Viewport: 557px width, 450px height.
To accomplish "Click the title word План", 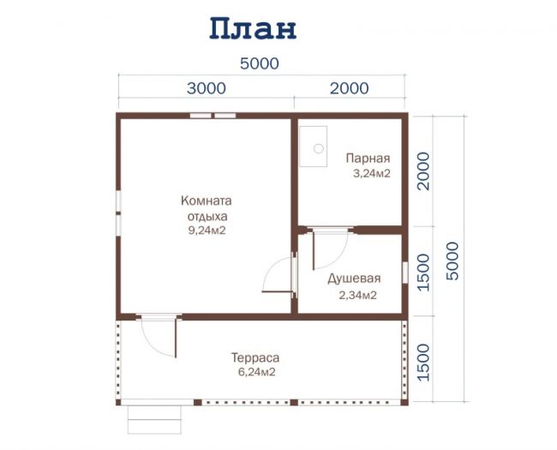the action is [x=253, y=28].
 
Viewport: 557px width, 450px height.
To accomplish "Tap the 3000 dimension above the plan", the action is [x=207, y=88].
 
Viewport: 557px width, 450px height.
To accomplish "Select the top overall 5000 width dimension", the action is [x=260, y=63].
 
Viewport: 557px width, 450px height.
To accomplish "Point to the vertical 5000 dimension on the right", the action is [x=452, y=261].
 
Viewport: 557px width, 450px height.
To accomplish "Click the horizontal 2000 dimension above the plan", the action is [x=349, y=88].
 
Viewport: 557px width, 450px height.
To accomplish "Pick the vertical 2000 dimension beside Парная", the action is [x=423, y=171].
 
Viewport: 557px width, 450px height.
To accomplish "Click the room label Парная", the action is [x=368, y=159].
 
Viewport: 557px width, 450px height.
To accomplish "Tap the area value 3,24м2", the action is [x=372, y=173].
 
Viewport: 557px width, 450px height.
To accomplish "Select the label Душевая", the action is [x=354, y=279].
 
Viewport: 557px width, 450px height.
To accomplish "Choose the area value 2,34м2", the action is [x=357, y=295].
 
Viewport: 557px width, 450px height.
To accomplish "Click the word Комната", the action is [x=207, y=201].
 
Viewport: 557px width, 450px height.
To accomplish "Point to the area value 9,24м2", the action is [x=207, y=231].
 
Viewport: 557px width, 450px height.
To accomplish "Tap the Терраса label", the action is [x=255, y=357].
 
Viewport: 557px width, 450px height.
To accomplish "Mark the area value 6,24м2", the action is [x=257, y=372].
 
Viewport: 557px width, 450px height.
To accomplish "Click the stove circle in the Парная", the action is [x=319, y=148].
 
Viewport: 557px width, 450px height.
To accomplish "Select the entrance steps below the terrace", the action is [x=154, y=420].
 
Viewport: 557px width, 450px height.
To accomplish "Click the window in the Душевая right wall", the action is [x=405, y=273].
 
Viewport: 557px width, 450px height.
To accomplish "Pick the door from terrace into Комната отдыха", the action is [x=159, y=335].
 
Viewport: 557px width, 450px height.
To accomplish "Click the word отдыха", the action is [x=207, y=217].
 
